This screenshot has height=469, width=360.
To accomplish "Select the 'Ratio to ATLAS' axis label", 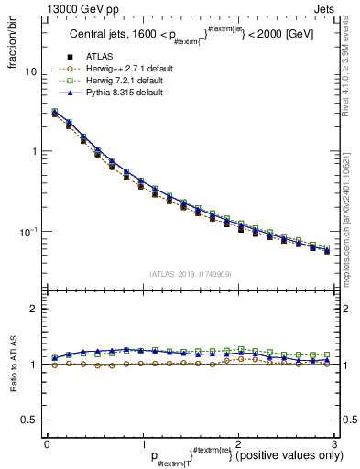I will coord(14,364).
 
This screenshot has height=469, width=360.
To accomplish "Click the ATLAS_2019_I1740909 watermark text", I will coord(190,274).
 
